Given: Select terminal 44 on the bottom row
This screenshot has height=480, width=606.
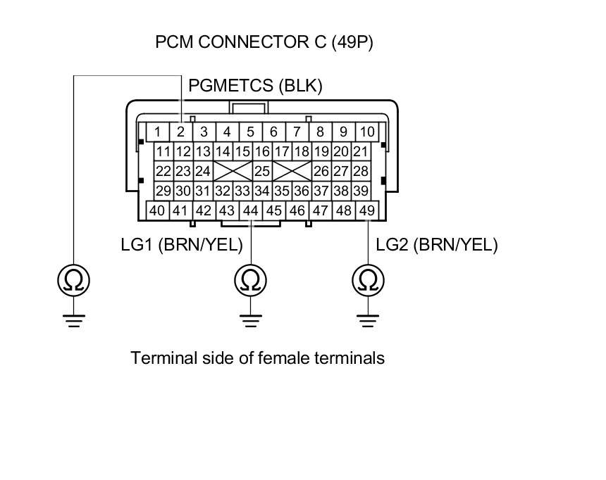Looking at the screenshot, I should point(250,210).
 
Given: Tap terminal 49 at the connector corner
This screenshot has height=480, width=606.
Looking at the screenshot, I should point(367,210).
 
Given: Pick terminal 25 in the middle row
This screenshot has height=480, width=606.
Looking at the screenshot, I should point(262,171).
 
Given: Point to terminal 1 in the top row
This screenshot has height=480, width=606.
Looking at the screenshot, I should point(158,132).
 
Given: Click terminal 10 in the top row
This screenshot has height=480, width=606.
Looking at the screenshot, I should point(366,132).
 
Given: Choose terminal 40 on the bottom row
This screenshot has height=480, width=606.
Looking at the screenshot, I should point(157,210).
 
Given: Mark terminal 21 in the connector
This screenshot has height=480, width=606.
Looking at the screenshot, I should point(360,151).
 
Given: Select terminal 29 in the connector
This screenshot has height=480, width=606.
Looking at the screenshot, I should point(163,191).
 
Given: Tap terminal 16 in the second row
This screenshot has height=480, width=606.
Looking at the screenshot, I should point(262,151).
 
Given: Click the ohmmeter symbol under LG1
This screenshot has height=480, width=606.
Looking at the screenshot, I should point(249,281).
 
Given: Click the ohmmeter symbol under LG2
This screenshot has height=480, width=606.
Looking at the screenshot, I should point(367,281).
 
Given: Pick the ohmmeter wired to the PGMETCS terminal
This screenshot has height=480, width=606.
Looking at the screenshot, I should point(73,281).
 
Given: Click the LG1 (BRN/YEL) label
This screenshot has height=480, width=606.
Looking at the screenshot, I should point(182,245).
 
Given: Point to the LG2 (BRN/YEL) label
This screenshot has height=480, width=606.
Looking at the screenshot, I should point(437,245).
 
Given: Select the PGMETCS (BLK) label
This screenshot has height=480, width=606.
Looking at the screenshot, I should point(255,86).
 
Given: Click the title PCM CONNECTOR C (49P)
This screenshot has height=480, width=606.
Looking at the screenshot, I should point(264,42).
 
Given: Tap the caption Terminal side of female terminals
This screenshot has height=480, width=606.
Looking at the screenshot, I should point(258,358).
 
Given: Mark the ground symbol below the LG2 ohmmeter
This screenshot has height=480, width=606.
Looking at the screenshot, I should point(367,320).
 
